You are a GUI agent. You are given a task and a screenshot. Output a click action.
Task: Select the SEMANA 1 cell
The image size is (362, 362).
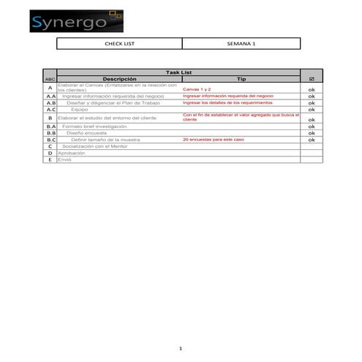click(x=242, y=44)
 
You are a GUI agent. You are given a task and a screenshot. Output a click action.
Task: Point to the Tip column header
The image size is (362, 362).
click(x=241, y=79)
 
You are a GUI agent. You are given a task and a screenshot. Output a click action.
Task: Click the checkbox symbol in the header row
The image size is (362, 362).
click(x=312, y=79)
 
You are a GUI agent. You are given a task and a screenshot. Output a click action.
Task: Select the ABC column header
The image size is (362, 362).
click(x=50, y=79)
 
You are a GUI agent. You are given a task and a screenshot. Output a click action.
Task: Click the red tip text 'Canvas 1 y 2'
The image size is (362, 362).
click(x=197, y=88)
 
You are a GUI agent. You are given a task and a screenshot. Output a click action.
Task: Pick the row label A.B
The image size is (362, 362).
click(x=50, y=103)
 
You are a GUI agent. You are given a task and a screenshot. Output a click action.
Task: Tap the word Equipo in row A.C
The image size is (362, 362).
click(x=79, y=110)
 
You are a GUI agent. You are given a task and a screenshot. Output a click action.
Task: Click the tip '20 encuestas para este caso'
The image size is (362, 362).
click(x=214, y=139)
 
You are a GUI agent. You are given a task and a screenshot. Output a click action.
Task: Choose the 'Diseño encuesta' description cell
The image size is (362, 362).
click(x=86, y=132)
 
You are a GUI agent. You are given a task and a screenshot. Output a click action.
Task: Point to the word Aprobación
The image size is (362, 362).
click(x=72, y=153)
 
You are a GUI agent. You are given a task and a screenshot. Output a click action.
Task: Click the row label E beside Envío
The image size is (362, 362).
click(x=50, y=159)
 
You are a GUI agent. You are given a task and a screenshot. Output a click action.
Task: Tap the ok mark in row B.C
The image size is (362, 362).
click(x=312, y=140)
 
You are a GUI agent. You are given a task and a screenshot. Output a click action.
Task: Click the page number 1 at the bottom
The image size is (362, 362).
click(x=181, y=349)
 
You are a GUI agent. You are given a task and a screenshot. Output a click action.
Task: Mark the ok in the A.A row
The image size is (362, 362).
click(x=312, y=96)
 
